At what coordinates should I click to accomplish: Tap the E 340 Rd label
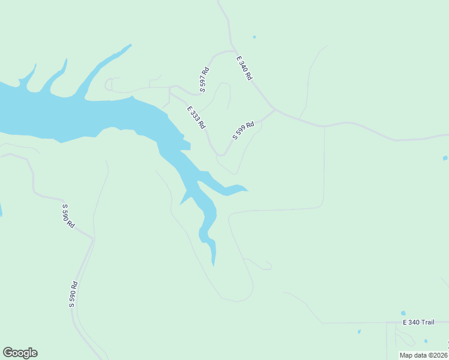244,68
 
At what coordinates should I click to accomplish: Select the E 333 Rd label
196,118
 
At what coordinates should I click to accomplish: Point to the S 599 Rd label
243,130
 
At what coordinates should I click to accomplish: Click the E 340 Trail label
418,322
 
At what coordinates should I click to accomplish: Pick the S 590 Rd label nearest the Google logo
73,294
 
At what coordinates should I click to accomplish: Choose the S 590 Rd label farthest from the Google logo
68,215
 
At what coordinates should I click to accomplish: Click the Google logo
20,353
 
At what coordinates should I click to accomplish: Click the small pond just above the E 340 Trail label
403,313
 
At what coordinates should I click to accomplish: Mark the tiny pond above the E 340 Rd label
254,37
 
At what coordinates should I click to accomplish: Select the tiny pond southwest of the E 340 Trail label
359,331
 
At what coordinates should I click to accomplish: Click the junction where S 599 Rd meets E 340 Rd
275,109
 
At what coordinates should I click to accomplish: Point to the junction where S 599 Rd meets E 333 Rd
220,155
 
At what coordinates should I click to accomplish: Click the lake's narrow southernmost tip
213,264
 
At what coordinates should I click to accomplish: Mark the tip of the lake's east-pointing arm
247,191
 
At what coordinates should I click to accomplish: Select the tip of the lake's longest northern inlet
130,45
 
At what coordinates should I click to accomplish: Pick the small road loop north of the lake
109,85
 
